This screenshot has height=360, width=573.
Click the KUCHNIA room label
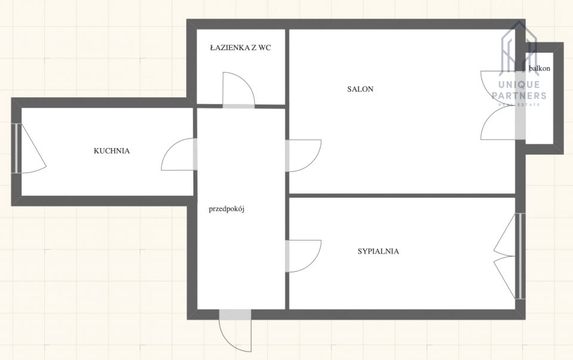coord(112,150)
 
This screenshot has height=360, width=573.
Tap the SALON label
coord(361,89)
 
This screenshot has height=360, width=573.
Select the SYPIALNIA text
coord(378,251)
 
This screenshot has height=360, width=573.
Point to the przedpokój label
coord(226,210)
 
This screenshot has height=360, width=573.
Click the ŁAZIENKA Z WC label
coord(241,48)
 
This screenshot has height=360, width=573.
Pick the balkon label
coord(540,68)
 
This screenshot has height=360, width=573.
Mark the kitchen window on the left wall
coord(17,148)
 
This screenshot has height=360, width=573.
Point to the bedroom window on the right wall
coord(520,256)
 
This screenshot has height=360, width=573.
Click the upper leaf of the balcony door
coord(497,87)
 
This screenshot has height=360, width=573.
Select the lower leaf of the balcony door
coord(497,122)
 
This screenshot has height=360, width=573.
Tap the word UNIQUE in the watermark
coord(519,85)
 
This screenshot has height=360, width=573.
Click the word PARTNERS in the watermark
coord(519,96)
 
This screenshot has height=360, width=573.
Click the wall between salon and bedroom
coord(402,196)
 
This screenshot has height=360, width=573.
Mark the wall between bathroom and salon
coord(287,67)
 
